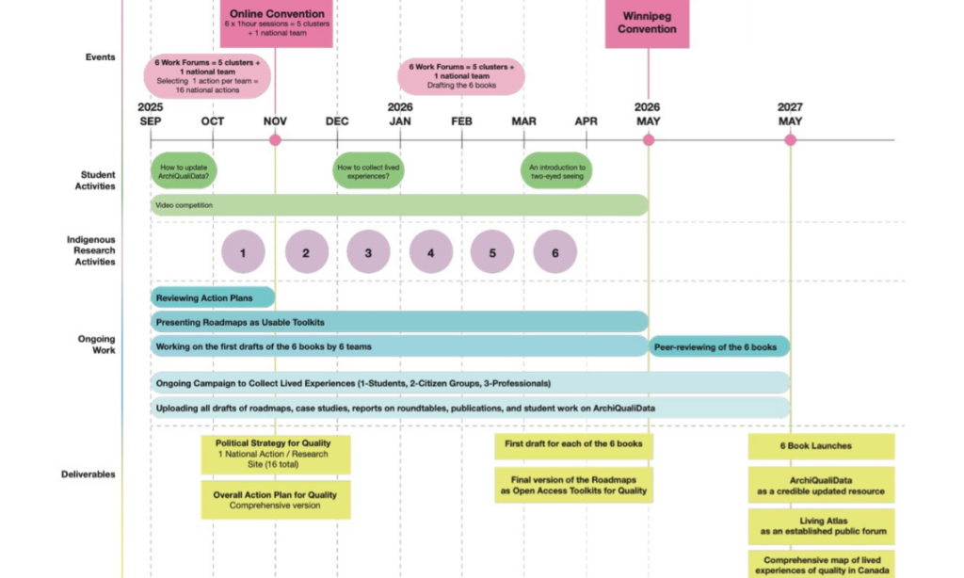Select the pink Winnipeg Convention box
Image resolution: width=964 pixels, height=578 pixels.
[647, 23]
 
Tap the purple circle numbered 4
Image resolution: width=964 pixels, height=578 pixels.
[430, 252]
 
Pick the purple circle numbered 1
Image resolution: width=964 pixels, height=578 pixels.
[243, 252]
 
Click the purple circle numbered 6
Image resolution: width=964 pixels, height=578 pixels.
[554, 252]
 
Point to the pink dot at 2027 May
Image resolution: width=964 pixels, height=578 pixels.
[790, 140]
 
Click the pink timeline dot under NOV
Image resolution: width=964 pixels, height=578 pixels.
[275, 140]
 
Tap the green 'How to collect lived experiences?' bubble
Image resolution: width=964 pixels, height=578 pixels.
[368, 170]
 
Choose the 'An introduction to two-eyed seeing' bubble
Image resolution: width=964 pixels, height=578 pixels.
[556, 170]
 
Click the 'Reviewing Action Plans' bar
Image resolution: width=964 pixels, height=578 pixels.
[213, 297]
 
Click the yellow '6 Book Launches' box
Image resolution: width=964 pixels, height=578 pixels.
[821, 446]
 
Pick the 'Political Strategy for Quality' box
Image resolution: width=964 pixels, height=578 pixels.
[276, 455]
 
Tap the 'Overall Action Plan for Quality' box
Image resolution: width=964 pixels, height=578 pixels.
[276, 500]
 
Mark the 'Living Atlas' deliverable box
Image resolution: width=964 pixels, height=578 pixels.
[821, 526]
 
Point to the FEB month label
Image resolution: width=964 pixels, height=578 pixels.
[461, 121]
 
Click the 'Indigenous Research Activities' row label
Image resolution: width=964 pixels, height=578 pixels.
[91, 250]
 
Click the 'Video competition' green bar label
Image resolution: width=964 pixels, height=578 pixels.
[185, 204]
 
